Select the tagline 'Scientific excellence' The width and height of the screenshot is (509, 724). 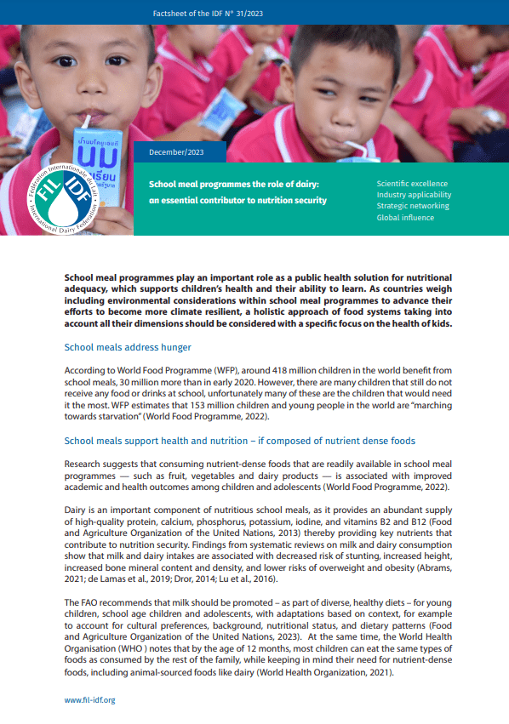pyautogui.click(x=412, y=184)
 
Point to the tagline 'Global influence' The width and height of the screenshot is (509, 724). pyautogui.click(x=405, y=218)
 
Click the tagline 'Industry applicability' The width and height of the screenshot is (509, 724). pyautogui.click(x=414, y=195)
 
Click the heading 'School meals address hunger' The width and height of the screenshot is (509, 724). pyautogui.click(x=128, y=348)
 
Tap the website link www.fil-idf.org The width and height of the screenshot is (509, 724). pyautogui.click(x=89, y=699)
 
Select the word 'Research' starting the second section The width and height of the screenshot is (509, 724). pyautogui.click(x=84, y=465)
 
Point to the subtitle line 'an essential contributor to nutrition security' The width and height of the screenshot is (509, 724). pyautogui.click(x=237, y=201)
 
